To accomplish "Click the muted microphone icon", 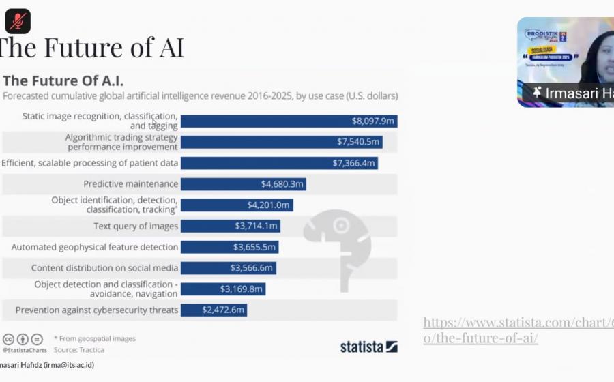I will [x=18, y=21].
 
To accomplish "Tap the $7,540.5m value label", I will [x=357, y=142].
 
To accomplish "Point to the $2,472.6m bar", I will [x=213, y=310].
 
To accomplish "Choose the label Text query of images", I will [x=136, y=226].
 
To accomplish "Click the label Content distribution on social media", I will [x=104, y=268].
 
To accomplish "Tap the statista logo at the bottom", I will [x=368, y=347].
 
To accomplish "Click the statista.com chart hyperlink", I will [x=518, y=329].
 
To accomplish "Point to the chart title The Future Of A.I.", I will [x=63, y=80].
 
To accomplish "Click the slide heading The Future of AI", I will [x=92, y=48].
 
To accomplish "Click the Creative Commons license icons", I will [x=23, y=339].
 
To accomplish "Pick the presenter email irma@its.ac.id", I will [x=70, y=365].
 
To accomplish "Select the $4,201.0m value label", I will [x=269, y=205].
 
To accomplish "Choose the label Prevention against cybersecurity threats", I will [x=97, y=310].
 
